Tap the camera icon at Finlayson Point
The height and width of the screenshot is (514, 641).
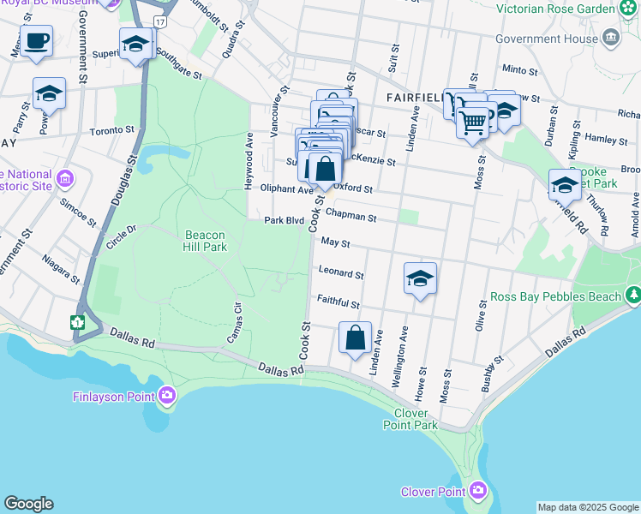(x=167, y=395)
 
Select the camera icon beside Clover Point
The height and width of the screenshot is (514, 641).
(x=478, y=491)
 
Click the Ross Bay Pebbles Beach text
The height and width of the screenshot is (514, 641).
(x=555, y=297)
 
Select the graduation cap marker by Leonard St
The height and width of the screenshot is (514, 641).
(x=420, y=278)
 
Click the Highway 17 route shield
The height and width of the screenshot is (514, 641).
(x=160, y=20)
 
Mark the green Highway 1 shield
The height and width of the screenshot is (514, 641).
(x=77, y=322)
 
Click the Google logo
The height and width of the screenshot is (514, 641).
(x=28, y=504)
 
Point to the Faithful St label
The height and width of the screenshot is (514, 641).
(x=338, y=302)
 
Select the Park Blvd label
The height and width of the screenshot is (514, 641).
(x=285, y=220)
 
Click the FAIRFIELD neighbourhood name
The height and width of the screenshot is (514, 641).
(x=414, y=98)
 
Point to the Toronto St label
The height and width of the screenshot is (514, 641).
(x=112, y=131)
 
